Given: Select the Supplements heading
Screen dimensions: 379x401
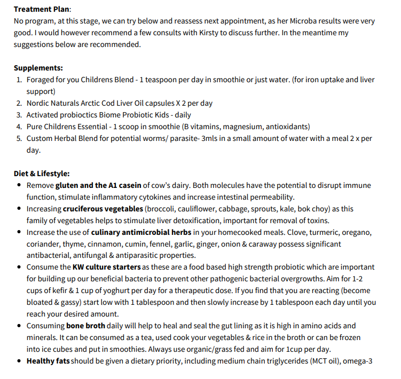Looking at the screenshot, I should (x=38, y=68).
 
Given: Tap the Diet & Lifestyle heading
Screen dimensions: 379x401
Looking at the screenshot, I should (x=41, y=173).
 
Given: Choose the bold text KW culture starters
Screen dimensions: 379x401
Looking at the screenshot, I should (x=107, y=267).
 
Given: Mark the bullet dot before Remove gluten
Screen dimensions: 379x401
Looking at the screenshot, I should (x=19, y=185).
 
